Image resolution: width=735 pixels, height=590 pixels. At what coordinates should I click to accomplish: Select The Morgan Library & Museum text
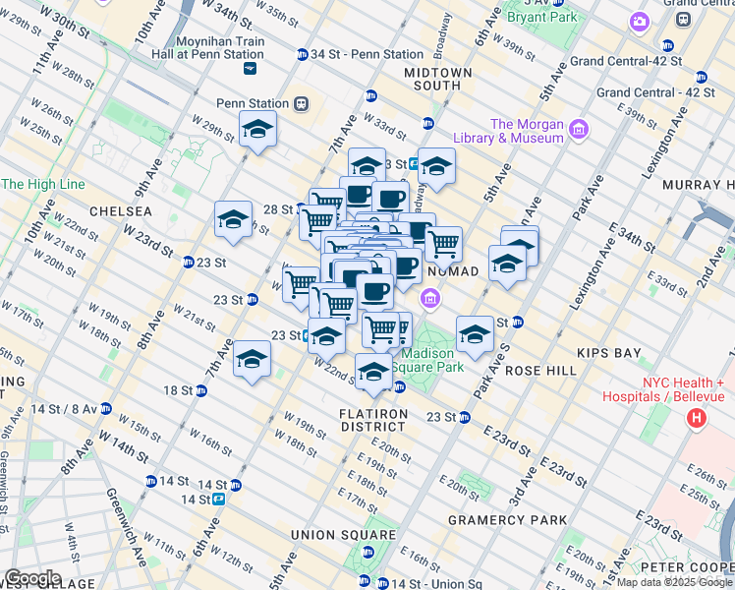[x=527, y=131]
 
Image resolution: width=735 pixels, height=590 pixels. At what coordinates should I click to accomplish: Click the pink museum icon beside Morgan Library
[x=578, y=129]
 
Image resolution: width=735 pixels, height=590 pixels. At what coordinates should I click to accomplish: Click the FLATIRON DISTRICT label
[x=372, y=419]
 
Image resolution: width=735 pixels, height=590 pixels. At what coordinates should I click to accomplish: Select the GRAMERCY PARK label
[x=507, y=519]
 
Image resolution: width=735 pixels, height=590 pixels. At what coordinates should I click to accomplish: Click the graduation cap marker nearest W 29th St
[x=257, y=130]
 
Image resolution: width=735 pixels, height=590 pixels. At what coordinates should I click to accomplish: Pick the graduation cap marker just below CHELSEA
[x=234, y=220]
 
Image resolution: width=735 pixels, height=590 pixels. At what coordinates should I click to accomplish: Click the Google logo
[x=32, y=578]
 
